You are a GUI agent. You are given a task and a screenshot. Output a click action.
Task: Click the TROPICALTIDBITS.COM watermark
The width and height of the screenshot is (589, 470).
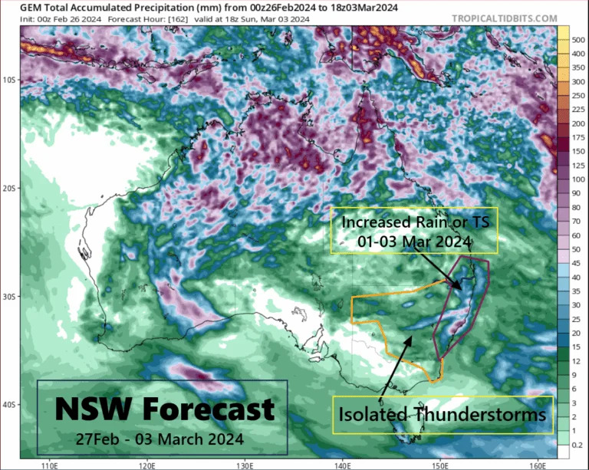click(515, 17)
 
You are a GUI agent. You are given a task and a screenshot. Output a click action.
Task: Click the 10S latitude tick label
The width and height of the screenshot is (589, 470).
click(11, 80)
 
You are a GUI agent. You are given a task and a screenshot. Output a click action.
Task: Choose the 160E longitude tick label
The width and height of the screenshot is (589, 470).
click(537, 465)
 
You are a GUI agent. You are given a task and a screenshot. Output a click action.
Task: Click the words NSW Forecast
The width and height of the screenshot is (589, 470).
click(163, 408)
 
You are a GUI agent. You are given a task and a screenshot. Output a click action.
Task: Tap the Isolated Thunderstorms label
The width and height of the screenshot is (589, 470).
click(443, 415)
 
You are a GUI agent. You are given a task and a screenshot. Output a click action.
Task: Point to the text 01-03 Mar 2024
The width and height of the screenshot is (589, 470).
click(413, 241)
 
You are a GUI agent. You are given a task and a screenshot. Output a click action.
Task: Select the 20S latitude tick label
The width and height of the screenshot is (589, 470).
click(11, 188)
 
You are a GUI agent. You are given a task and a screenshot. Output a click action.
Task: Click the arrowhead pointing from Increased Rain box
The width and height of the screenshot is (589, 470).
click(458, 288)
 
